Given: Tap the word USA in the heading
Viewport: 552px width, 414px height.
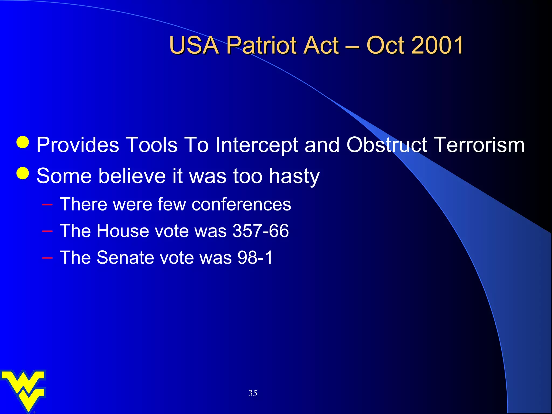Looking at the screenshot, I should click(194, 45).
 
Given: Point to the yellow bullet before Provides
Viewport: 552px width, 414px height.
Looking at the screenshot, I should click(23, 142).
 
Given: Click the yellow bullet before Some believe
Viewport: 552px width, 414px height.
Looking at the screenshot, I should click(23, 173).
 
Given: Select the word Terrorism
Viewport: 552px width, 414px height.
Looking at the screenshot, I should click(480, 145).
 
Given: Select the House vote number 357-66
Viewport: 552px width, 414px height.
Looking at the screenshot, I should click(260, 231).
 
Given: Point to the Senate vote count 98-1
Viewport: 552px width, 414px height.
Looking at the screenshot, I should click(255, 258).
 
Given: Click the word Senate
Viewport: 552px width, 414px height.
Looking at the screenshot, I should click(125, 258).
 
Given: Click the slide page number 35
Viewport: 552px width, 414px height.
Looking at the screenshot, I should click(253, 393).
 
